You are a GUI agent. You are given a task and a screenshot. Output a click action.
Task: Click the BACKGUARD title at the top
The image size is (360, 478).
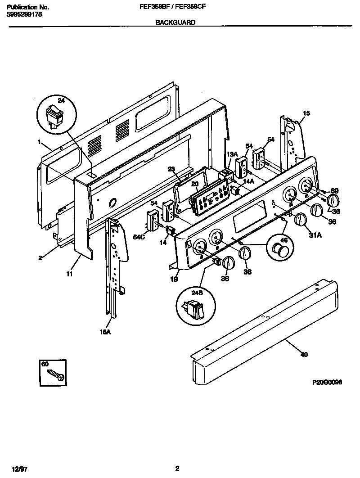[x=175, y=22]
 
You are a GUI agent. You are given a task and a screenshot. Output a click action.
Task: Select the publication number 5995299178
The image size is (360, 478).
[x=25, y=14]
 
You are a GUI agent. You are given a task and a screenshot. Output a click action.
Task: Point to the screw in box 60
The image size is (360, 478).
[x=56, y=373]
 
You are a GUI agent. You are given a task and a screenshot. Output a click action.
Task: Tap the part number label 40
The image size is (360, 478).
[x=304, y=355]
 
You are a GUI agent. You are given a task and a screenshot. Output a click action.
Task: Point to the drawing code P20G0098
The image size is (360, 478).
[x=327, y=382]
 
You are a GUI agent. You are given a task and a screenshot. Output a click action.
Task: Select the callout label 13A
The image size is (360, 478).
[x=232, y=154]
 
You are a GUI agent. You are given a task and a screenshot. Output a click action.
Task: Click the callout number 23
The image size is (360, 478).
[x=171, y=170]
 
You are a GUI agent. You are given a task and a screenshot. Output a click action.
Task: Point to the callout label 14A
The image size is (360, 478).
[x=248, y=181]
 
